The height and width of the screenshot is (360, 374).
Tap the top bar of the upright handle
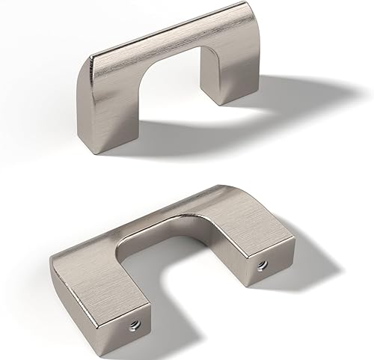(172, 56)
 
